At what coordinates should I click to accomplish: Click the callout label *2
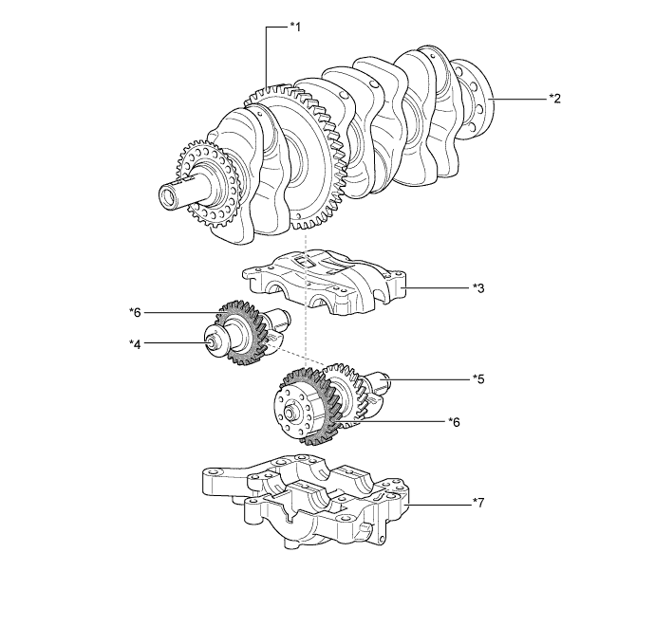coord(554,98)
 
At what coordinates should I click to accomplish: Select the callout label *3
coord(478,286)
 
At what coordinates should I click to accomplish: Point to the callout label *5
coord(478,378)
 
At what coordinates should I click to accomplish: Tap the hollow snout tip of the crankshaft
coord(171,197)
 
